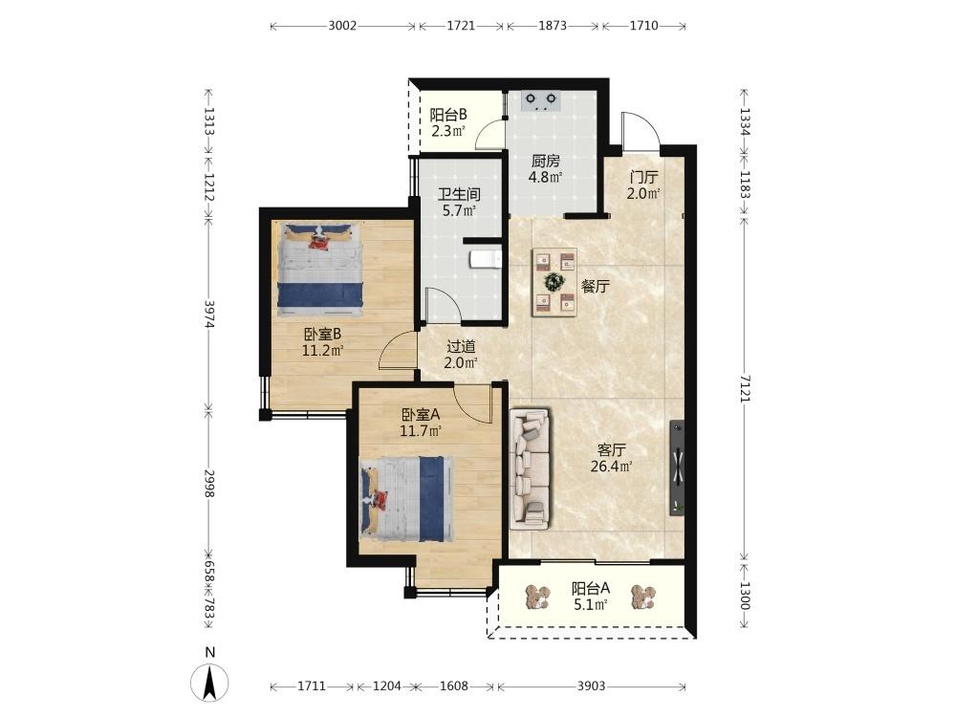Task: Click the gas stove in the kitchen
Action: [x=541, y=100]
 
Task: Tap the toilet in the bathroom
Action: [x=486, y=260]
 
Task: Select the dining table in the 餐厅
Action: [x=554, y=282]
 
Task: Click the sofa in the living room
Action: [x=530, y=467]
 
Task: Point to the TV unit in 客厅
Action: [x=676, y=467]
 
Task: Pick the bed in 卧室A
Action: [x=407, y=499]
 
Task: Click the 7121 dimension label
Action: [x=745, y=387]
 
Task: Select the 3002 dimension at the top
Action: [x=342, y=26]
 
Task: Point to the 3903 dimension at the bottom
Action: [x=591, y=685]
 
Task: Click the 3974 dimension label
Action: [x=209, y=314]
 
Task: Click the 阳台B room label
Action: [x=448, y=115]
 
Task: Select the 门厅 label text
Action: [x=643, y=178]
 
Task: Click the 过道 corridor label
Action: [x=461, y=347]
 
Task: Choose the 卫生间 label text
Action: [x=459, y=195]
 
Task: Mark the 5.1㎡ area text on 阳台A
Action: [x=590, y=605]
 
